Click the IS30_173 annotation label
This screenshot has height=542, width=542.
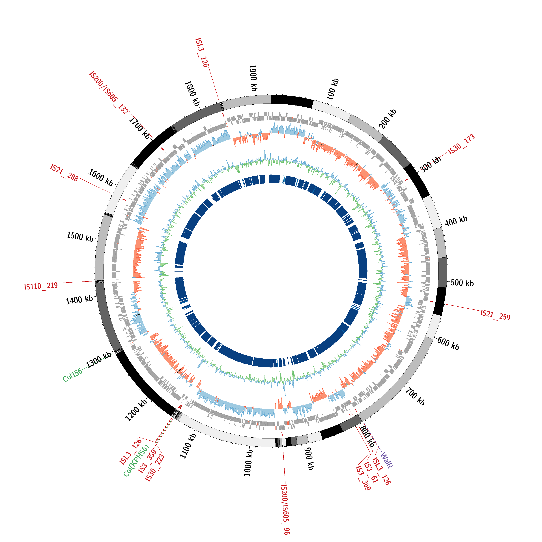(x=461, y=145)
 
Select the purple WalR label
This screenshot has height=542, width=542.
(x=386, y=460)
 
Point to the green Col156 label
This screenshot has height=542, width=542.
(x=72, y=375)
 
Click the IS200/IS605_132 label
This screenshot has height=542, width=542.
(x=109, y=93)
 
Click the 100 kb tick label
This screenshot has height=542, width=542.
(x=333, y=89)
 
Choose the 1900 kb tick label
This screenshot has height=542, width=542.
(x=253, y=78)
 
